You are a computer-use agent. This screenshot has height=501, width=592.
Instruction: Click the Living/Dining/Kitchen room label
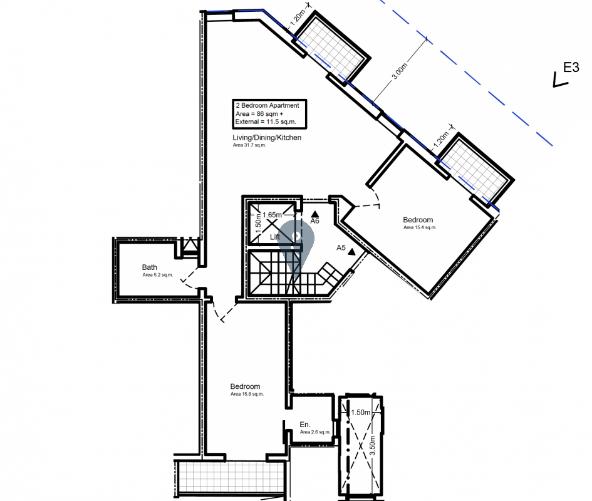coord(267,137)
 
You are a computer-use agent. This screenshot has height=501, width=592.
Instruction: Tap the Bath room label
coord(150,267)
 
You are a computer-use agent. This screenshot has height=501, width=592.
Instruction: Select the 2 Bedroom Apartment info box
coord(269,113)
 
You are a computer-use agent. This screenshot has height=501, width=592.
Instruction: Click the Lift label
coord(275,237)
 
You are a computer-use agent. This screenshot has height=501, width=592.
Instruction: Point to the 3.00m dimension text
coord(400,71)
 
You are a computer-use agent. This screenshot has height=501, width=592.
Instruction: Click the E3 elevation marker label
coord(571,67)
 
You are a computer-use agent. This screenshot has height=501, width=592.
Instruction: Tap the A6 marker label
coord(315,221)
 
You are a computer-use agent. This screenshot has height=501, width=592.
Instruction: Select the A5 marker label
coord(341,247)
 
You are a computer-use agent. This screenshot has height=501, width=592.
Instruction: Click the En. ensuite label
coord(304,425)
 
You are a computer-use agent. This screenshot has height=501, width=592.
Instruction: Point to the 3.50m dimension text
coord(372,445)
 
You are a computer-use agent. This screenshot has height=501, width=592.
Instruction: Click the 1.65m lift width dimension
coord(272,215)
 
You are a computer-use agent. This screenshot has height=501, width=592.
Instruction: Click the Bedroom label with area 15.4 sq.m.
coord(418,220)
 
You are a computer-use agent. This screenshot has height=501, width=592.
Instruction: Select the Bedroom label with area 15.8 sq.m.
coord(245,386)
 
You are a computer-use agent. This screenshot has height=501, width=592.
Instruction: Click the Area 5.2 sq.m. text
coord(157,275)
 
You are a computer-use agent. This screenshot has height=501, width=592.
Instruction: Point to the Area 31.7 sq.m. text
coord(249,145)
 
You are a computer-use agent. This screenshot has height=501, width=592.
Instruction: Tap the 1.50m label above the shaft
coord(361,412)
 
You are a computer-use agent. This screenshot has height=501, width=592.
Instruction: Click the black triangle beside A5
coord(352,252)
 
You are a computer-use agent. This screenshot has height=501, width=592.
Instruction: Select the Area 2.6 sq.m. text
coord(315,432)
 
